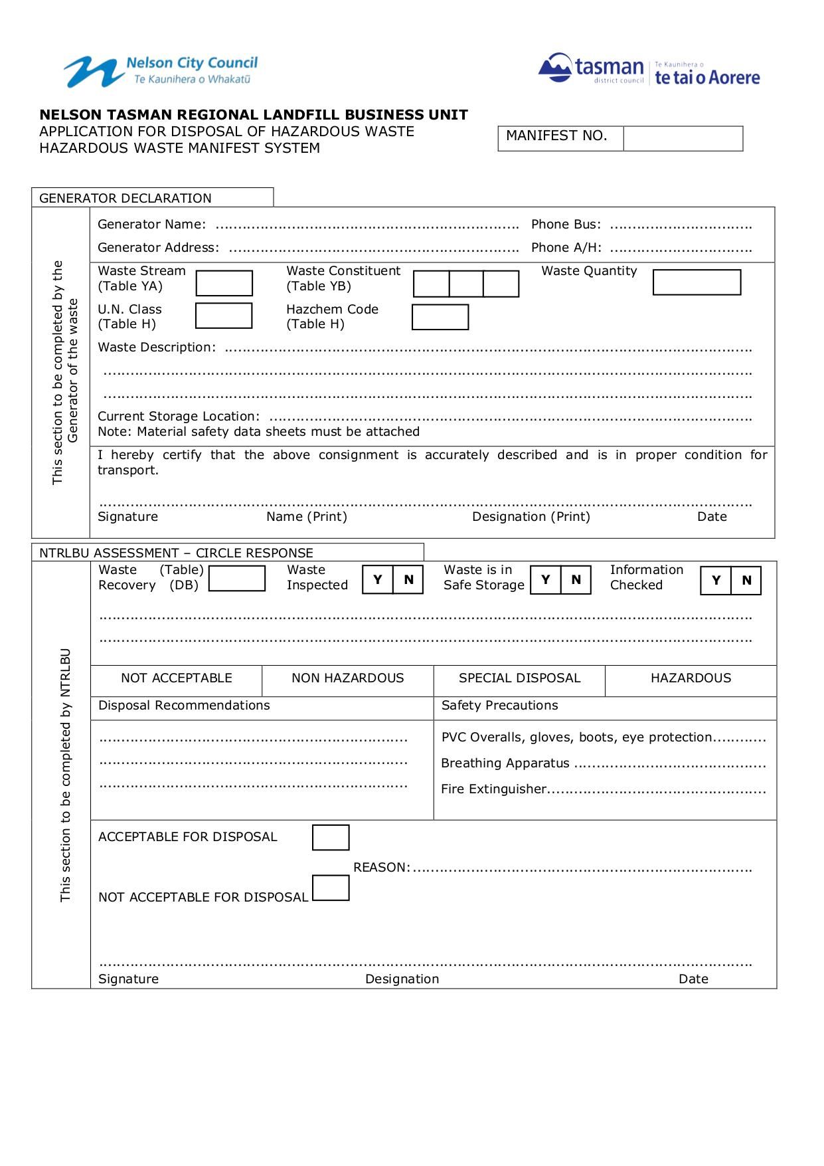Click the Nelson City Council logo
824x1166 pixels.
click(161, 71)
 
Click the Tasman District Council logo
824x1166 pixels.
click(649, 69)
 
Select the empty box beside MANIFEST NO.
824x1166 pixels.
click(683, 139)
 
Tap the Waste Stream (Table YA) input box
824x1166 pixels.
click(224, 283)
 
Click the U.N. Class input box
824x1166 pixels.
click(224, 316)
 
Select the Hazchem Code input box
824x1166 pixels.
click(440, 317)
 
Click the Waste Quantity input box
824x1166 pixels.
click(697, 282)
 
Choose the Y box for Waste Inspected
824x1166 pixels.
click(378, 579)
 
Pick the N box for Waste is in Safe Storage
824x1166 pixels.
click(576, 579)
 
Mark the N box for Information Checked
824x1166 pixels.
click(746, 580)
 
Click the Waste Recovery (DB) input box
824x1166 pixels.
click(236, 578)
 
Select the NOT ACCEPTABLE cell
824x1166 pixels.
click(176, 678)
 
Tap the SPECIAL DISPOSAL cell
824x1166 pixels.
click(519, 678)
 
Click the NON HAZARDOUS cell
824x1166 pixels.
click(347, 678)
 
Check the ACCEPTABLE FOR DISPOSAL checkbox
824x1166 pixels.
click(331, 838)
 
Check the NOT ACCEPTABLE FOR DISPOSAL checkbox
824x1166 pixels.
click(331, 888)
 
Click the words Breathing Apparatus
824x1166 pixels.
click(505, 763)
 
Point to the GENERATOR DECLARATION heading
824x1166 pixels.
click(125, 198)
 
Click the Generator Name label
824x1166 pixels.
click(151, 225)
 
